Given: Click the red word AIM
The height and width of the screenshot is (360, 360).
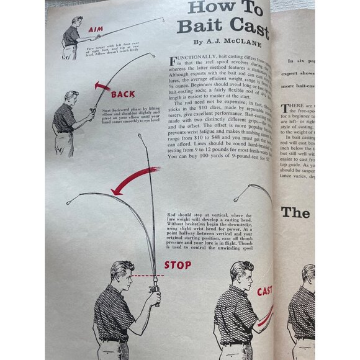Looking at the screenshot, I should click(96, 29).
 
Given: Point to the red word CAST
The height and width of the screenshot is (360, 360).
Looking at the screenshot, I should click(264, 290).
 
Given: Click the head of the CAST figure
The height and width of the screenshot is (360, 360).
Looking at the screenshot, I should click(240, 274).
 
